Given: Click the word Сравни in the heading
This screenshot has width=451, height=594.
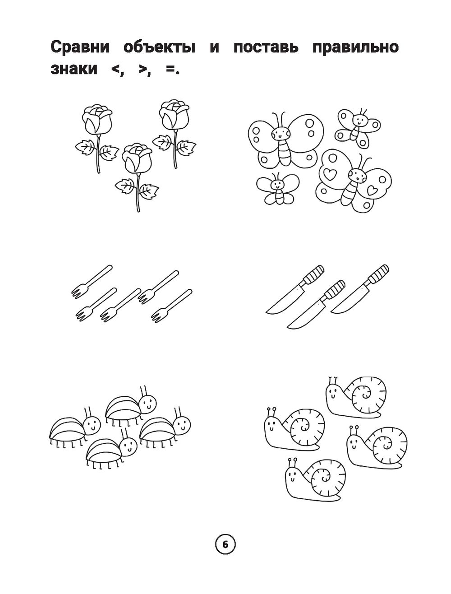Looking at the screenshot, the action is [80, 47].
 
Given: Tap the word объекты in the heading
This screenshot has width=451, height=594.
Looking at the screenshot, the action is [160, 47].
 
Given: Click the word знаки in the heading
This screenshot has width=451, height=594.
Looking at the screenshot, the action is [74, 69].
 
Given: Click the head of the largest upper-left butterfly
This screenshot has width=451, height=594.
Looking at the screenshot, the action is [281, 133].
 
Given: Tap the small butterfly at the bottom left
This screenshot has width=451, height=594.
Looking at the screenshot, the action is [277, 189].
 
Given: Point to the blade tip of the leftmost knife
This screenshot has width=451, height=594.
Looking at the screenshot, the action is [267, 312].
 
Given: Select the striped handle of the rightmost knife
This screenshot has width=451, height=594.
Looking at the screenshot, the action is [379, 274].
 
